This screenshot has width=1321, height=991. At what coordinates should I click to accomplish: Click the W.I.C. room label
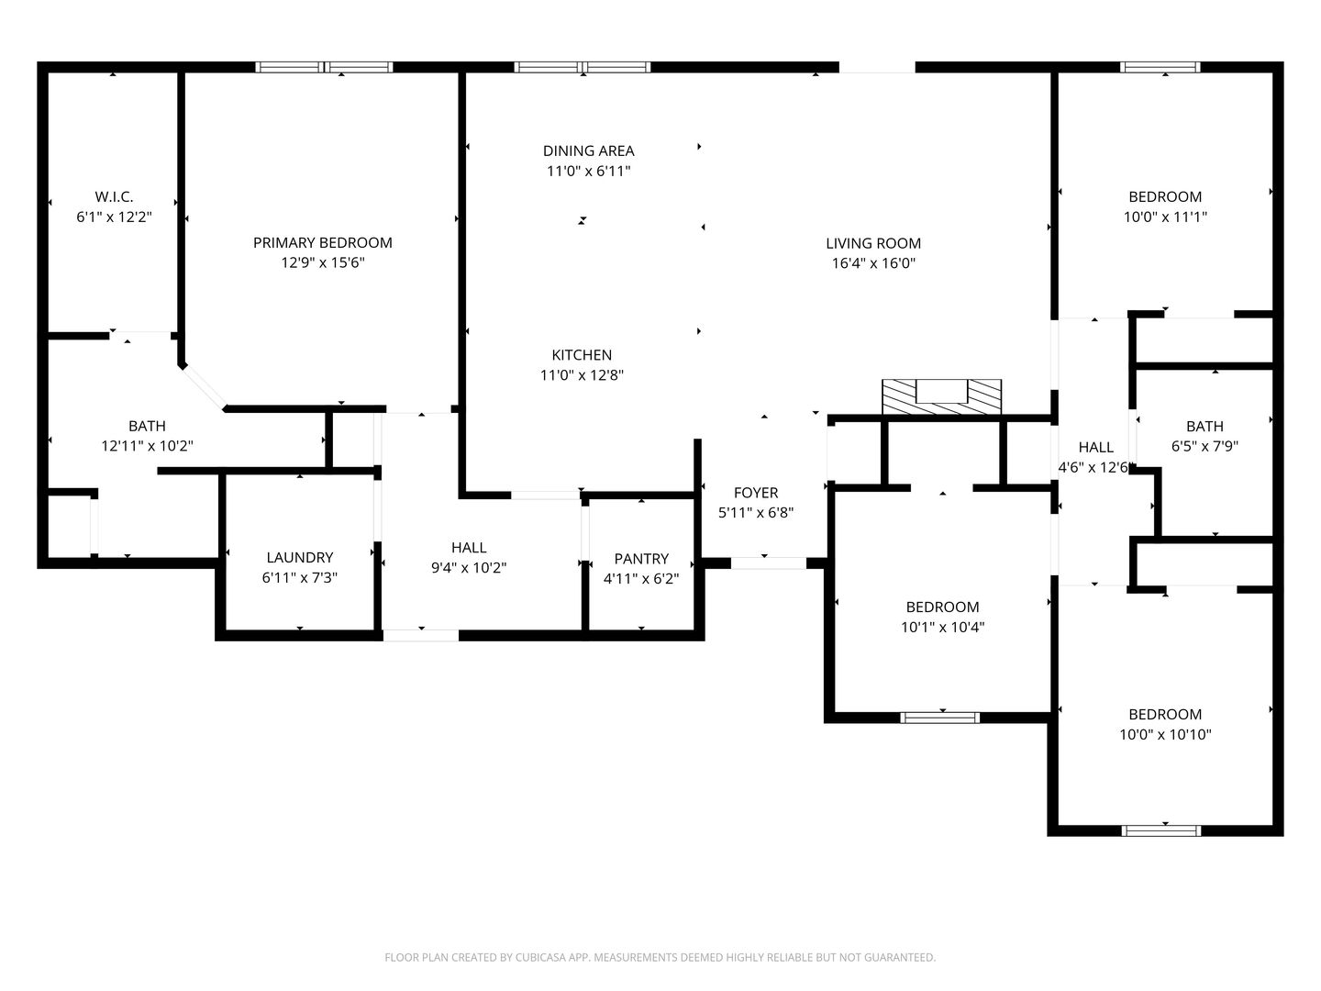click(x=114, y=196)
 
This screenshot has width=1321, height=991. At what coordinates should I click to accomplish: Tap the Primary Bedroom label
click(x=323, y=242)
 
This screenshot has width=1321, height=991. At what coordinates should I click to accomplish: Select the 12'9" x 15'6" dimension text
click(x=323, y=263)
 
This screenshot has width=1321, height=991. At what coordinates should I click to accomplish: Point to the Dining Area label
click(x=589, y=150)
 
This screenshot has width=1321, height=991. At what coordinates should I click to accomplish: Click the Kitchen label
click(x=582, y=355)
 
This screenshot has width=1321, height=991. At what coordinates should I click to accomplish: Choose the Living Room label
click(x=873, y=243)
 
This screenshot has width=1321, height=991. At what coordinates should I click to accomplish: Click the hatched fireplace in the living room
click(x=941, y=396)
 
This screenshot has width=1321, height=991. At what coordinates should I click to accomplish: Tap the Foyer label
click(x=756, y=493)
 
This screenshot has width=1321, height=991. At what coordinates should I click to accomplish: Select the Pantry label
click(x=641, y=559)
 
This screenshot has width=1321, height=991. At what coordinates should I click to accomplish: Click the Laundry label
click(x=300, y=557)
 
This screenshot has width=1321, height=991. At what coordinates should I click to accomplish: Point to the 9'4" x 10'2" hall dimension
click(x=469, y=568)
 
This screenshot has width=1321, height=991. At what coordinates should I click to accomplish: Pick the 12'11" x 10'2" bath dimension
click(x=147, y=447)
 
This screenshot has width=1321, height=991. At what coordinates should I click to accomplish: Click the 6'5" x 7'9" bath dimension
click(x=1204, y=447)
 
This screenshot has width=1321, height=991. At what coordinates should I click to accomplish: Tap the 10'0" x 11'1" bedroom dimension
click(x=1165, y=217)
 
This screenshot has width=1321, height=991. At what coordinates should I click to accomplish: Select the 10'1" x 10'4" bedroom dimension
click(x=942, y=628)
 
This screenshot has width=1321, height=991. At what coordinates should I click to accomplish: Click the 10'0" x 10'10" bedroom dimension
click(x=1165, y=735)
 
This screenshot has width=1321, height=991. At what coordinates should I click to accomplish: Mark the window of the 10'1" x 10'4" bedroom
click(x=940, y=718)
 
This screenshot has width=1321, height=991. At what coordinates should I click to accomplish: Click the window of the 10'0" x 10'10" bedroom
click(x=1161, y=830)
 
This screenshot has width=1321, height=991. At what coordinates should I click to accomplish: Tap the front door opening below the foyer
click(x=769, y=563)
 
